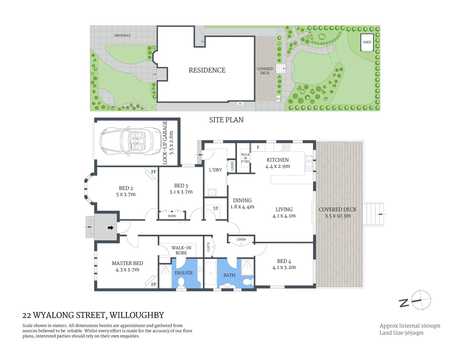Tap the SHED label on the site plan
coord(367,42)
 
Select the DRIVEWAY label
coord(122,35)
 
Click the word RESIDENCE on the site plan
coord(207,70)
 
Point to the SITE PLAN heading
coord(226,120)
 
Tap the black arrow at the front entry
coord(110,228)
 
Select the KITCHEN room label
coord(278,160)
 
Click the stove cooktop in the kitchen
coord(286,147)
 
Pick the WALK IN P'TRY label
coord(245,158)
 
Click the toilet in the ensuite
coord(181,282)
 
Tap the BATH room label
coord(229,275)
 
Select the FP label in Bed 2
coord(154,172)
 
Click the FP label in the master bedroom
coord(154,284)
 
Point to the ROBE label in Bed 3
coord(172,216)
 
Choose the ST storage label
coord(216,209)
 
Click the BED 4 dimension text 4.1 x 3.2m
coord(284,267)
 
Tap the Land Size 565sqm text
coord(401,333)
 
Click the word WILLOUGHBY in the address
coord(137,315)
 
